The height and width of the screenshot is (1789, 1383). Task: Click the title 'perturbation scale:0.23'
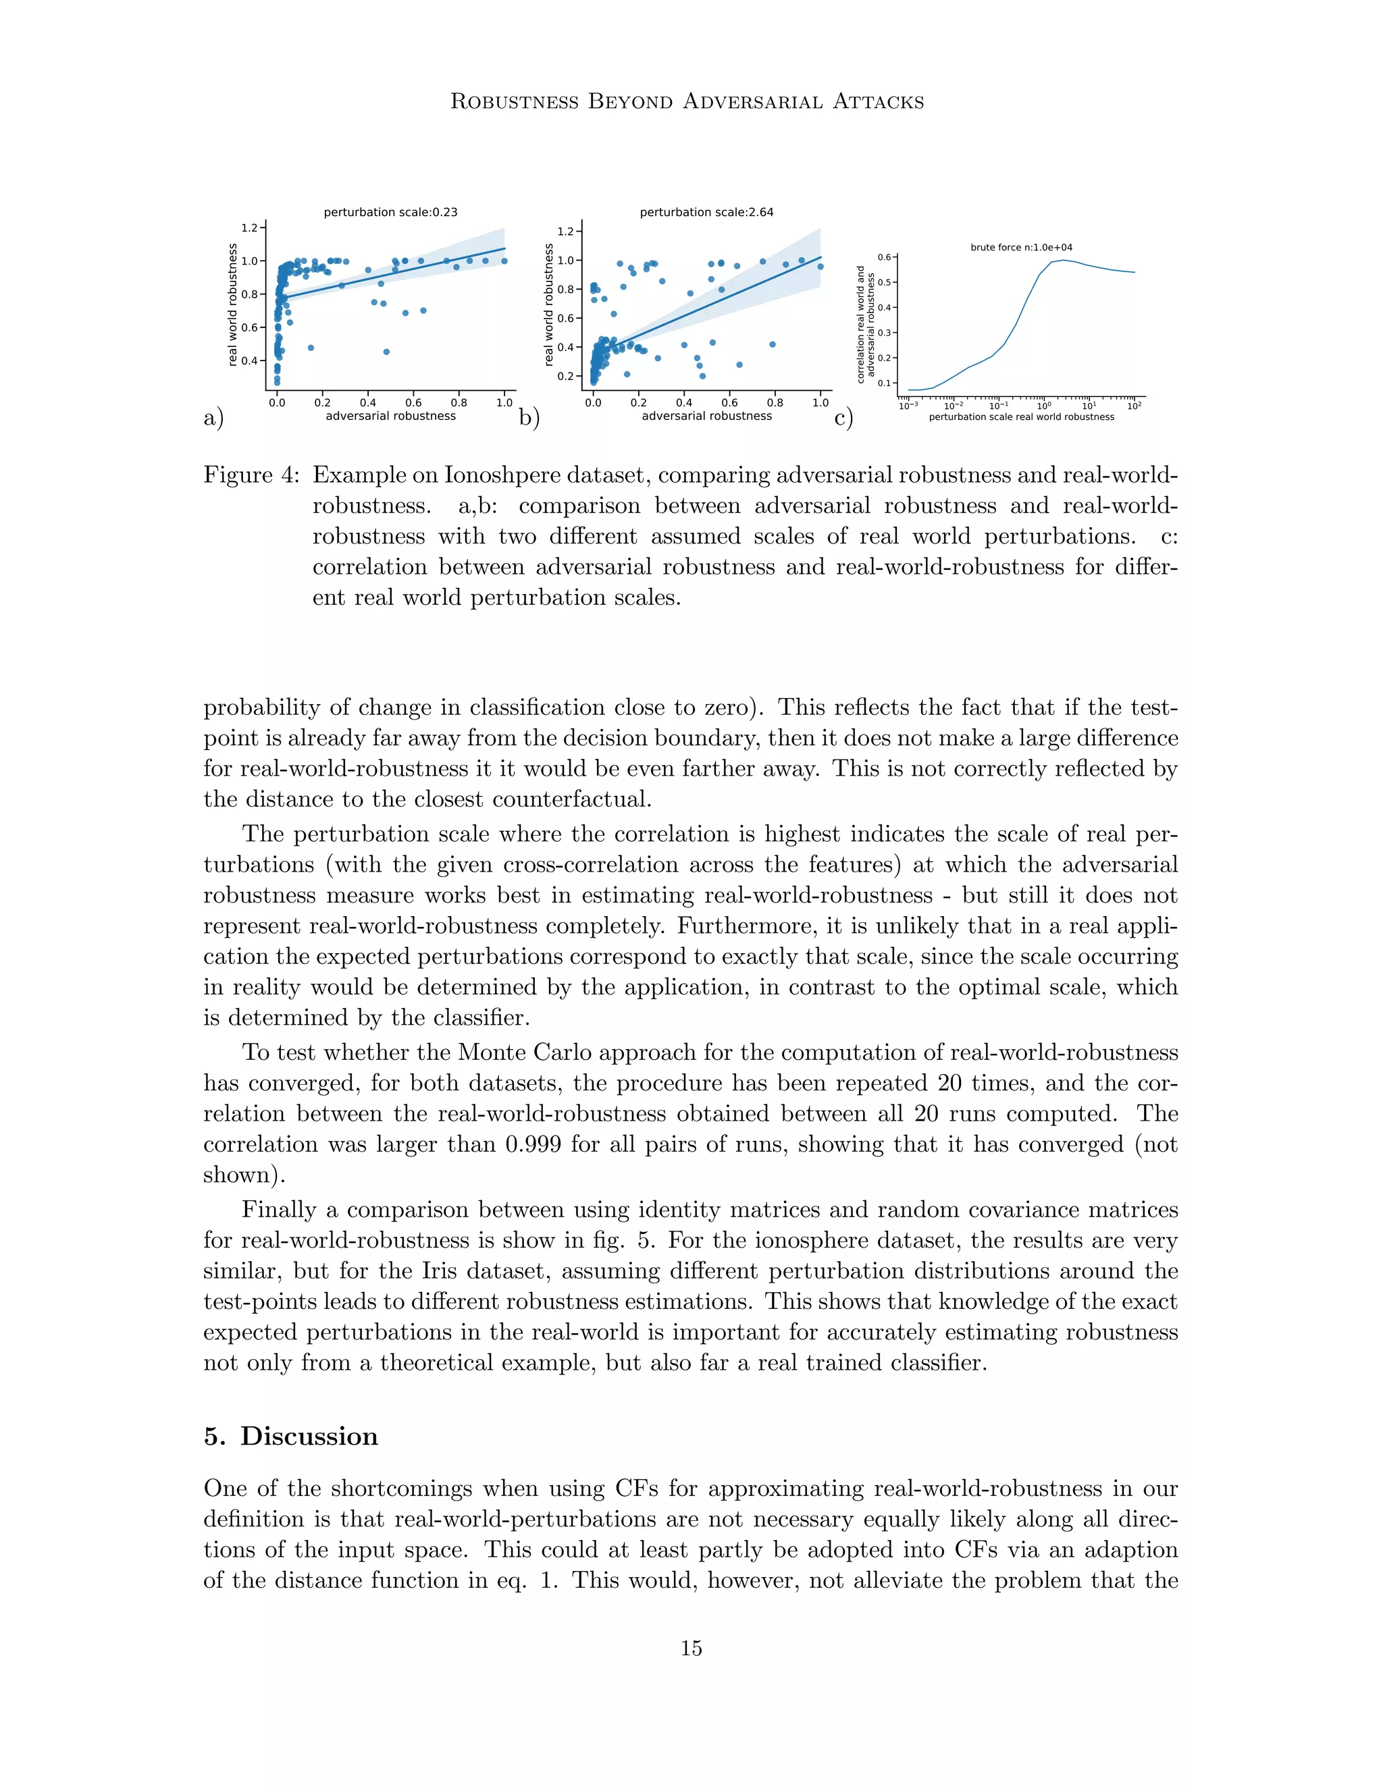point(390,212)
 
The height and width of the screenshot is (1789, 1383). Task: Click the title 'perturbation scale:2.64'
point(706,212)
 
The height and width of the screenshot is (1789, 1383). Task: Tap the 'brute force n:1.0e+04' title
point(1021,247)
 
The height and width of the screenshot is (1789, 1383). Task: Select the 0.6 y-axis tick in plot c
point(884,257)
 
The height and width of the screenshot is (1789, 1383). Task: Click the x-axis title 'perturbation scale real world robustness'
point(1021,417)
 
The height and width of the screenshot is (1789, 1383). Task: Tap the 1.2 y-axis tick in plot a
point(249,228)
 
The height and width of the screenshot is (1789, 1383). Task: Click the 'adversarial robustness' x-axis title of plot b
point(706,416)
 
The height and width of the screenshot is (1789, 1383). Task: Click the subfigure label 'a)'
point(213,419)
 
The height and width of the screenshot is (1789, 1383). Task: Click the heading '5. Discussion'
point(291,1437)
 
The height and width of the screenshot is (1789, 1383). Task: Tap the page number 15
point(691,1648)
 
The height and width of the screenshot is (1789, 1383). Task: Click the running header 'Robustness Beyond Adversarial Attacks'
point(687,101)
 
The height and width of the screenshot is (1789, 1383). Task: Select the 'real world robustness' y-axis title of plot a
point(233,304)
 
